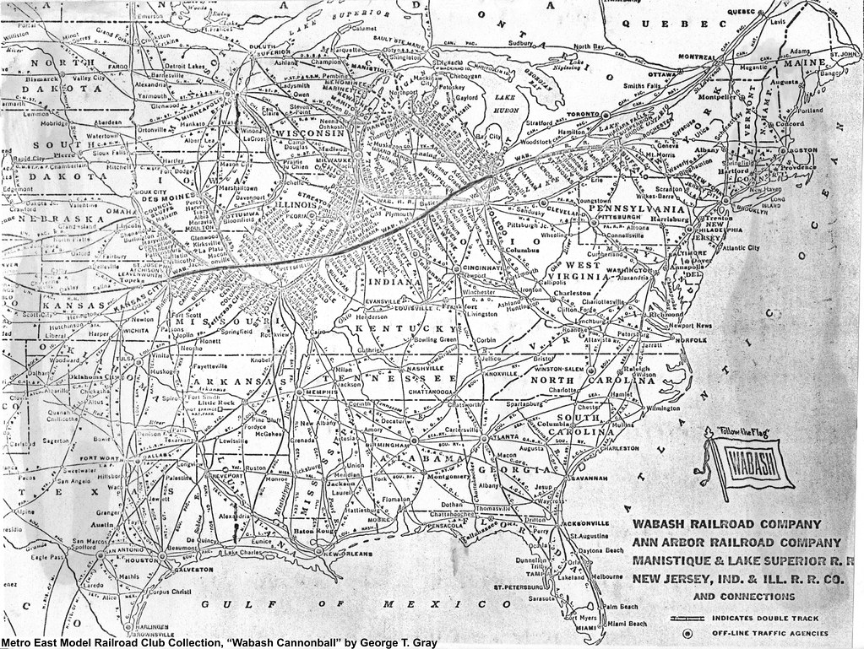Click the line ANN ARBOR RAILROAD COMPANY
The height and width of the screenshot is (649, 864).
[x=732, y=542]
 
